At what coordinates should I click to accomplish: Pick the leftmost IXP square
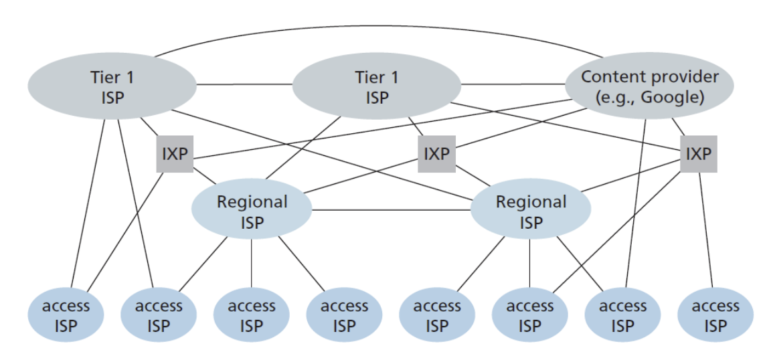point(175,154)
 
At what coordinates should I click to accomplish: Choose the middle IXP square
point(436,154)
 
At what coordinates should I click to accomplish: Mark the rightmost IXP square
point(698,154)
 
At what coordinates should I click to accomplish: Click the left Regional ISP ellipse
point(252,211)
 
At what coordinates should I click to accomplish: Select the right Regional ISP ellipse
point(530,211)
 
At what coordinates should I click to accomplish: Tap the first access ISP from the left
point(66,316)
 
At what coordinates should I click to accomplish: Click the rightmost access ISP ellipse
point(715,316)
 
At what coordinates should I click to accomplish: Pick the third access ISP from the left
point(252,316)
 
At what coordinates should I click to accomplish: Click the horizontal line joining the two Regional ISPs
point(391,210)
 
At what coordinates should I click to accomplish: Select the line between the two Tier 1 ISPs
point(244,84)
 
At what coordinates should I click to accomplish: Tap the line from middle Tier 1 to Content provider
point(513,84)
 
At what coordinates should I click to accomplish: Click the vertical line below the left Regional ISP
point(252,264)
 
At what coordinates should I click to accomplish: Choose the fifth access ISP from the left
point(437,316)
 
